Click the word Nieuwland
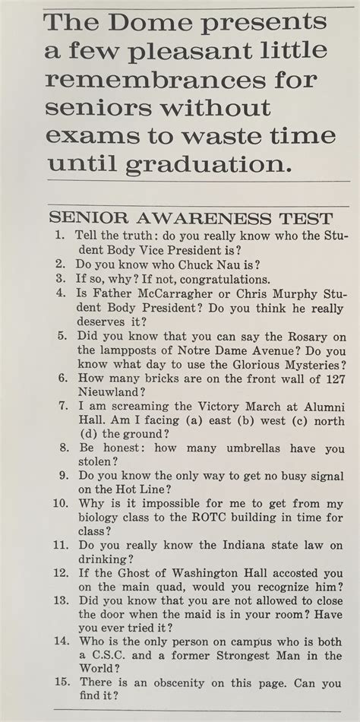[x=111, y=391]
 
